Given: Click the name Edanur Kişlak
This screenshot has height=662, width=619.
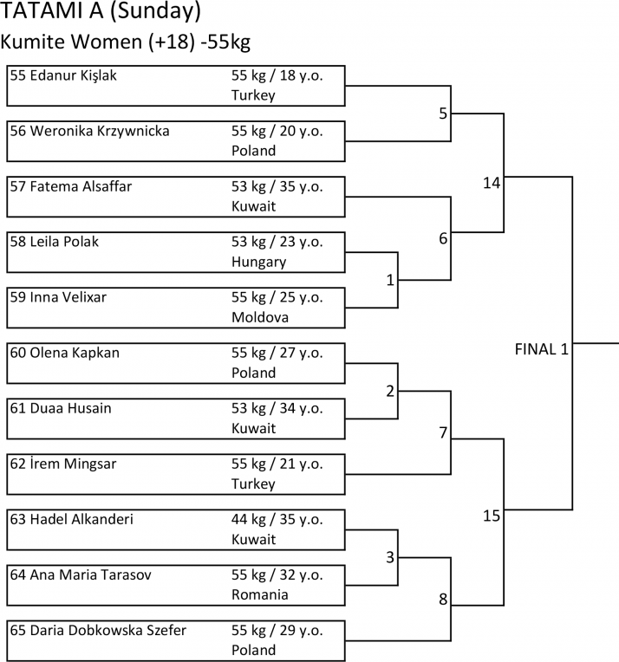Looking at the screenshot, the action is click(74, 75).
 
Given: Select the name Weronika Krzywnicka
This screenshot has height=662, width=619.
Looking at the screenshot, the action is click(100, 132).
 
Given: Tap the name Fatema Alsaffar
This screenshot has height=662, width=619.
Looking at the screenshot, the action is click(81, 186).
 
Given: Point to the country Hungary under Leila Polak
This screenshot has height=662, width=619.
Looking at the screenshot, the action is click(258, 263).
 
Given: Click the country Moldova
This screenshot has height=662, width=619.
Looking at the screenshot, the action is click(260, 317).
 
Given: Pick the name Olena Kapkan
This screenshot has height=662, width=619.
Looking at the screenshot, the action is click(75, 353).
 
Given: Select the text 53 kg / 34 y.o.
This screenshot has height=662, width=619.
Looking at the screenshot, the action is click(277, 409).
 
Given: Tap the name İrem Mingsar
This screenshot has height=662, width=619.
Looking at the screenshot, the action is click(73, 464).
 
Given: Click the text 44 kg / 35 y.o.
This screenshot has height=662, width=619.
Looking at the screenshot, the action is click(277, 520).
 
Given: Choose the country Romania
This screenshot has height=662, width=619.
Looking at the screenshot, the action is click(260, 594).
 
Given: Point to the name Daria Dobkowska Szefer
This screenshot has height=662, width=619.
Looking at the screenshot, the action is click(108, 630).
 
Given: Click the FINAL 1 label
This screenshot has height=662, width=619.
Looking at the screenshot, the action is click(541, 349).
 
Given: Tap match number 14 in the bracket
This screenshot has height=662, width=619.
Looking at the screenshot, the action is click(492, 183).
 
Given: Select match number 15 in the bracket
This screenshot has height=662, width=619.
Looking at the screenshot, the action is click(492, 516).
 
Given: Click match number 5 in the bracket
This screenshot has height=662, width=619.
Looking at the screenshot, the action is click(443, 114).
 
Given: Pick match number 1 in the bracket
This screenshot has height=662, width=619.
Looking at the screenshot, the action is click(390, 280).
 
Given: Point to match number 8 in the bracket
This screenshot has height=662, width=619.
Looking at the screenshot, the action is click(443, 599).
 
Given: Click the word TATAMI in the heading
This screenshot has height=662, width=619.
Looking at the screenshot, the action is click(42, 10).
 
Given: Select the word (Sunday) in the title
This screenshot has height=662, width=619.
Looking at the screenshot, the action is click(155, 11).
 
